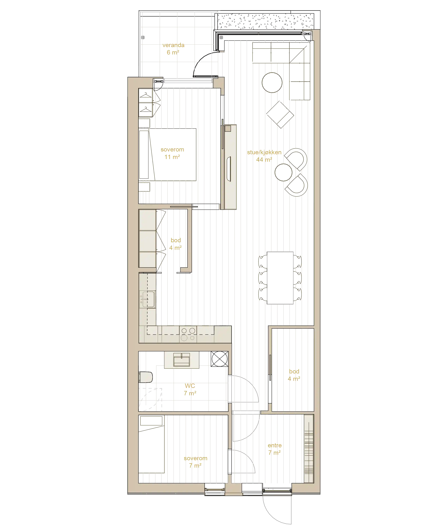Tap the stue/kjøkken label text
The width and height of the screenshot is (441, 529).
click(x=264, y=152)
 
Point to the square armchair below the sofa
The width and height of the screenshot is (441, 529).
click(x=280, y=115)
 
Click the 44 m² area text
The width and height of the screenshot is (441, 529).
click(x=264, y=160)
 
